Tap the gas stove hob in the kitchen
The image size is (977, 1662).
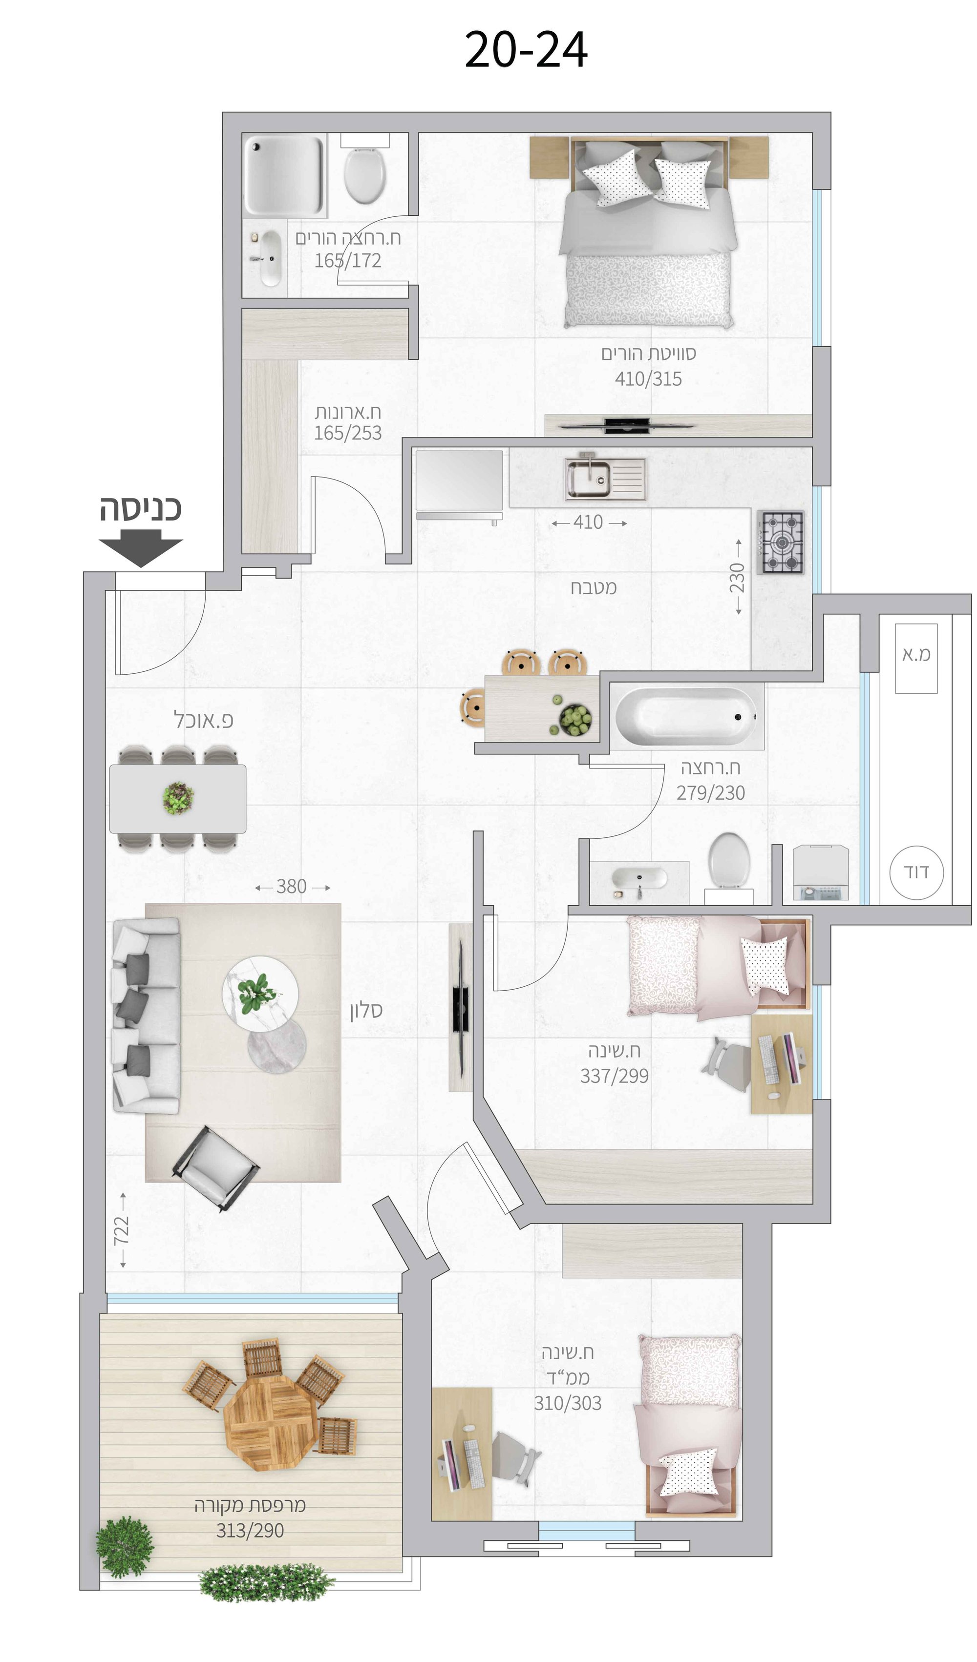781,542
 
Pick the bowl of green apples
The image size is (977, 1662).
575,718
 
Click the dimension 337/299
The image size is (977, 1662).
614,1076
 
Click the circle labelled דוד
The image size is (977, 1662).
916,873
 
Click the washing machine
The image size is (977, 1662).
820,873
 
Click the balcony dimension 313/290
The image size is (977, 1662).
250,1530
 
